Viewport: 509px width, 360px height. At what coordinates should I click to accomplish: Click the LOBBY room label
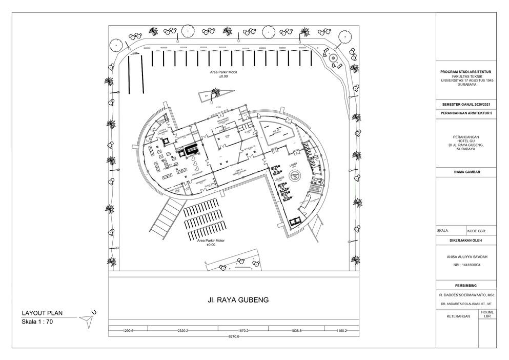click(293, 165)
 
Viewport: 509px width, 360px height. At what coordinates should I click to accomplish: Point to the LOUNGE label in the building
click(279, 180)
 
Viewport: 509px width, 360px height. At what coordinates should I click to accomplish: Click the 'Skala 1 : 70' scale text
click(37, 322)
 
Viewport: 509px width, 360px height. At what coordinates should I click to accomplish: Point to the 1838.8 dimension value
click(293, 331)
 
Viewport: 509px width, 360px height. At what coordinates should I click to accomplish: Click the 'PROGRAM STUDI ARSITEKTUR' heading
click(465, 72)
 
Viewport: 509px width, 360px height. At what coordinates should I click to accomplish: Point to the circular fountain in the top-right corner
click(333, 58)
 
